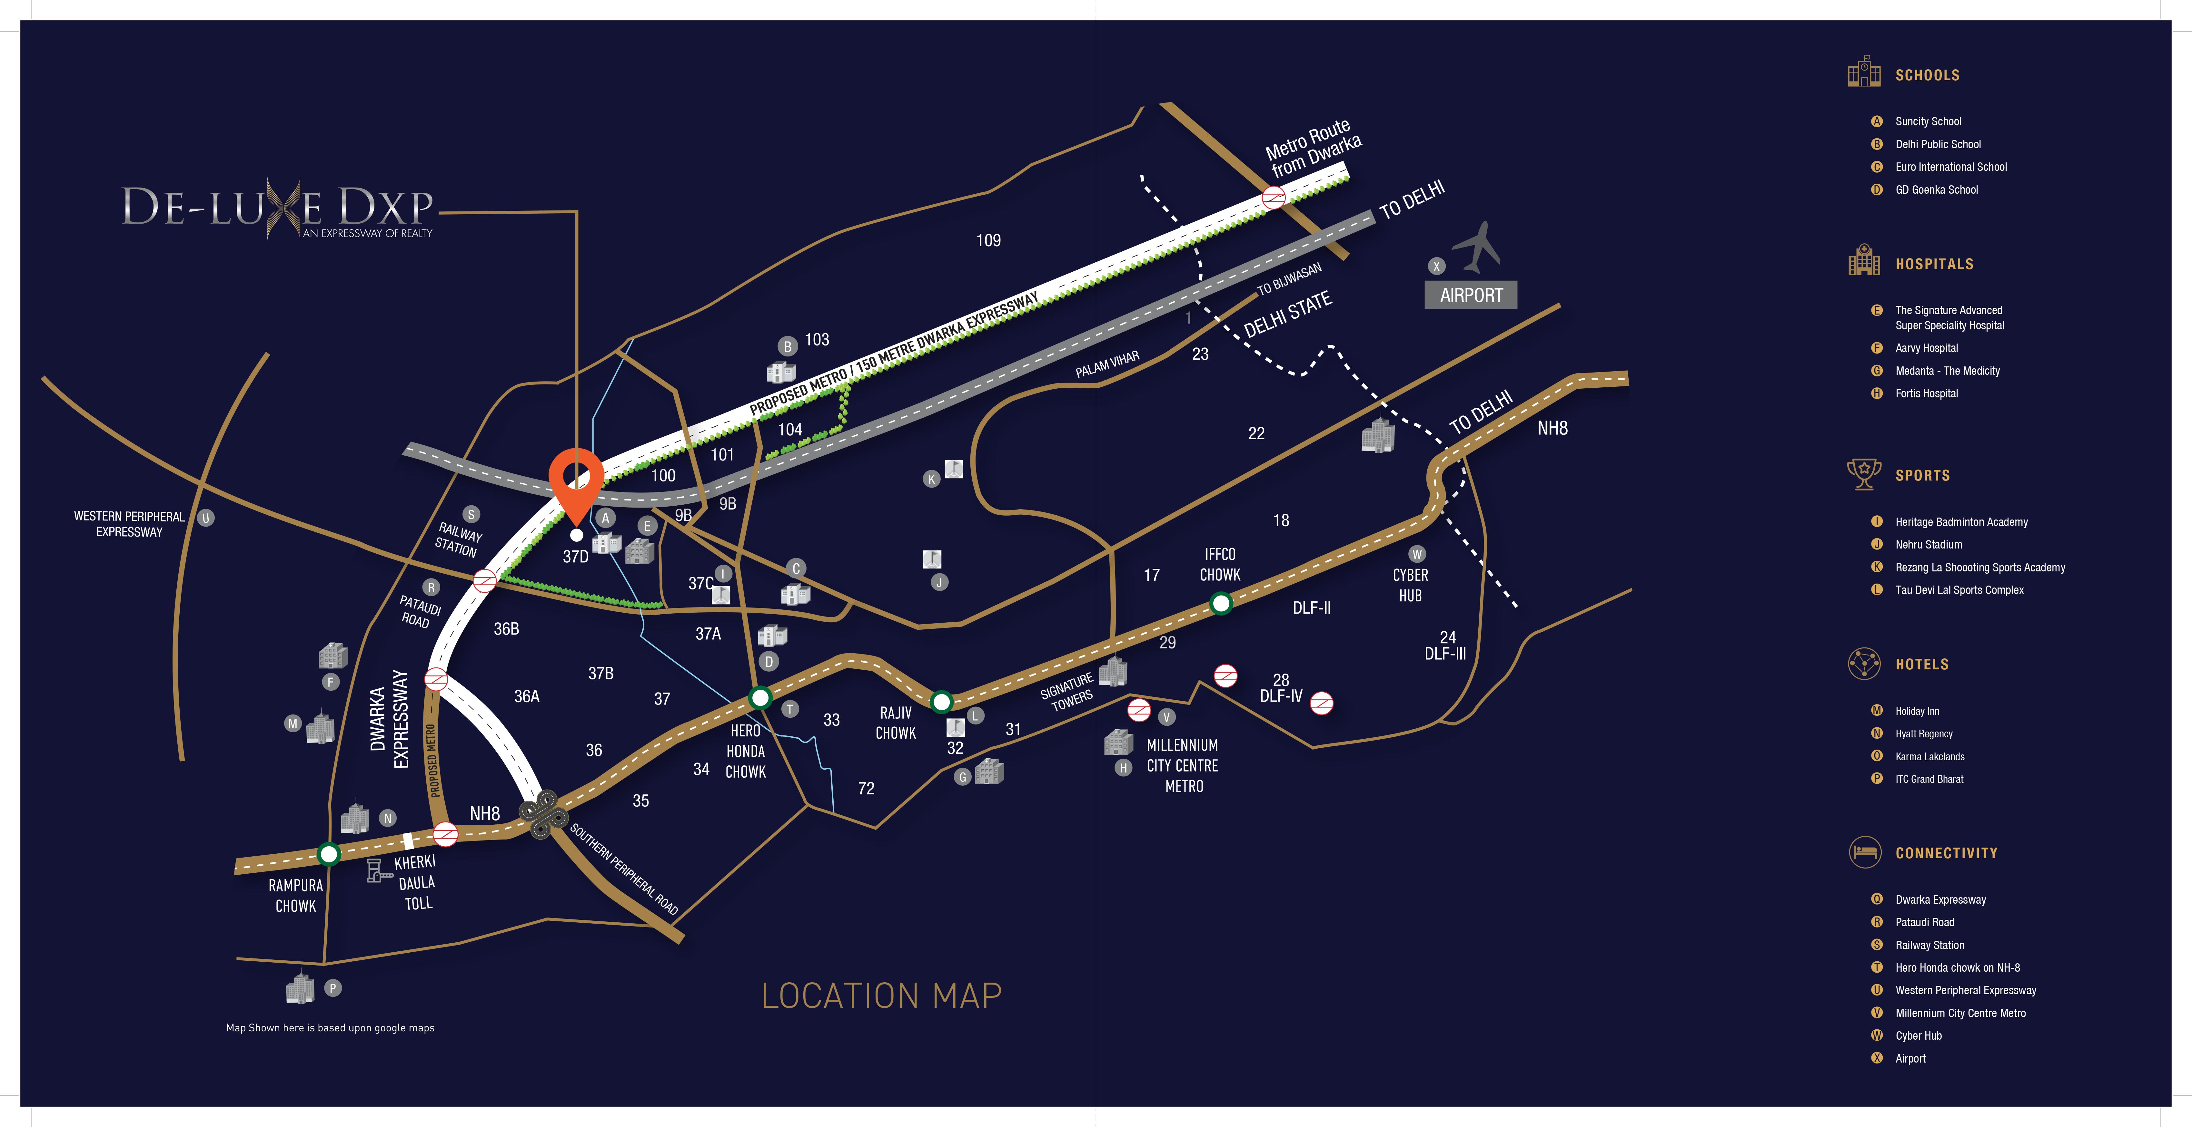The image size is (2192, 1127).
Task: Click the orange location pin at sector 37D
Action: (576, 481)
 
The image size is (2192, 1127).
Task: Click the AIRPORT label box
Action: (1470, 295)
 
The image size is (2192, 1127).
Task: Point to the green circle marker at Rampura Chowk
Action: (328, 853)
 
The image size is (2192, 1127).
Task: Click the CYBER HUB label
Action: (1410, 585)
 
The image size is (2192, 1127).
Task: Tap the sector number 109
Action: (988, 241)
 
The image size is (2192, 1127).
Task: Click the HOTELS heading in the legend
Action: (1921, 664)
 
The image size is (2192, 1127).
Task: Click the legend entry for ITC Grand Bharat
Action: (1929, 779)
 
